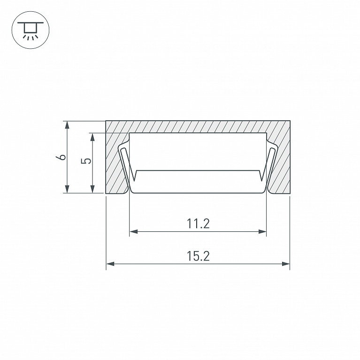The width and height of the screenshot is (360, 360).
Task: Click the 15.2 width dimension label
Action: pyautogui.click(x=198, y=256)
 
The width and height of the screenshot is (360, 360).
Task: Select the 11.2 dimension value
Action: pyautogui.click(x=198, y=223)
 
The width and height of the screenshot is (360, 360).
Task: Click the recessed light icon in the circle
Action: pyautogui.click(x=31, y=30)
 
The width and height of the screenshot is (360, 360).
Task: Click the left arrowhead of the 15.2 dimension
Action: pyautogui.click(x=110, y=264)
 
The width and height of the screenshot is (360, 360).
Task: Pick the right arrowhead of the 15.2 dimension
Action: pyautogui.click(x=286, y=264)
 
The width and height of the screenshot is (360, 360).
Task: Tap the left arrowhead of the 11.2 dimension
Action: pyautogui.click(x=134, y=231)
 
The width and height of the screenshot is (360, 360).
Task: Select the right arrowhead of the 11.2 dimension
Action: pyautogui.click(x=262, y=231)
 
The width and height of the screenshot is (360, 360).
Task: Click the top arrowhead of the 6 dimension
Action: pyautogui.click(x=67, y=125)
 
